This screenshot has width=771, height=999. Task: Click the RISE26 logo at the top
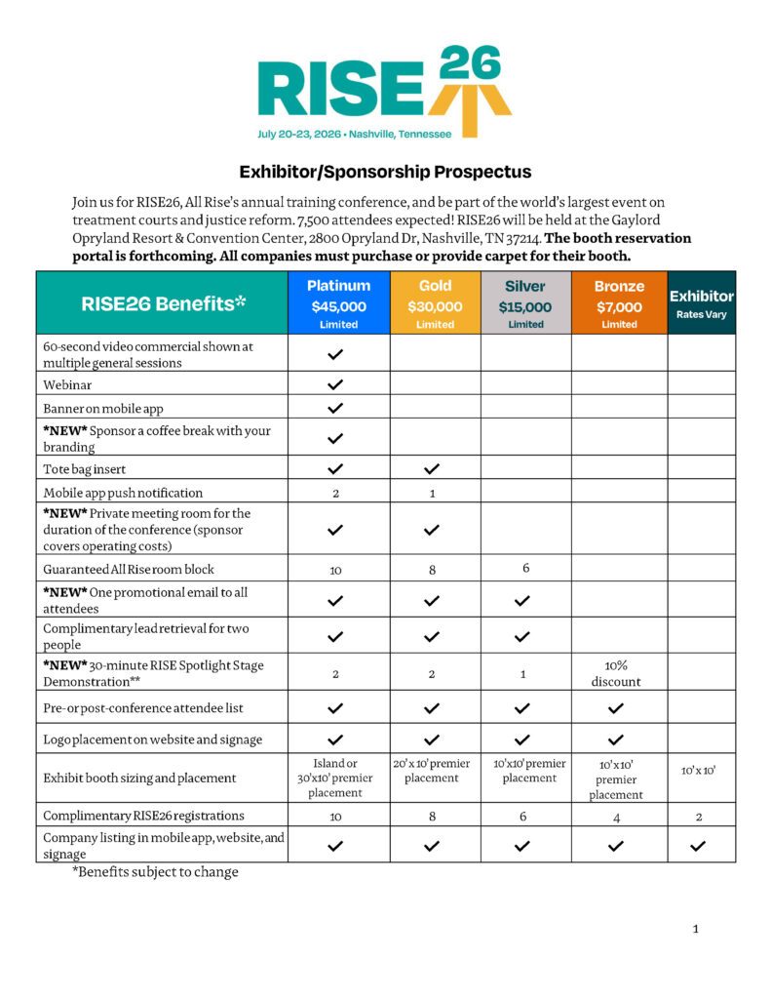click(x=385, y=91)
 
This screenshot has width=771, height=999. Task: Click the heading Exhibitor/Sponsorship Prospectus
click(x=385, y=172)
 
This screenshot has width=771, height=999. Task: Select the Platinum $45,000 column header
click(x=338, y=303)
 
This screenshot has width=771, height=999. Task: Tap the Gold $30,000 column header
click(x=435, y=303)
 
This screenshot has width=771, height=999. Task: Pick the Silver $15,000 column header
click(x=525, y=303)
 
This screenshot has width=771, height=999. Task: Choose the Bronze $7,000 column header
click(x=619, y=303)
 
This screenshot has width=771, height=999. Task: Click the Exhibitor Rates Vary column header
click(x=701, y=303)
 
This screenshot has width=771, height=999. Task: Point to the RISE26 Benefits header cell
click(x=162, y=303)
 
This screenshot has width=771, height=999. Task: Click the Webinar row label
click(x=67, y=383)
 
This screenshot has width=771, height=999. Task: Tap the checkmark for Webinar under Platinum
click(x=336, y=383)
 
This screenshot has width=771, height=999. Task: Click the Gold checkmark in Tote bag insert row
click(x=433, y=468)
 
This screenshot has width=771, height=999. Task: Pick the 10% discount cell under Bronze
click(x=616, y=672)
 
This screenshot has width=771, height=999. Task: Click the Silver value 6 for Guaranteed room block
click(x=525, y=568)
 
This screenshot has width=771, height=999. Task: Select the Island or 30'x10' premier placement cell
click(x=335, y=778)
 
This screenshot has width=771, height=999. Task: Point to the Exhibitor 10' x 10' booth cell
click(x=700, y=771)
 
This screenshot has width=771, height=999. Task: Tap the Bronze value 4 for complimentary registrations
click(x=617, y=817)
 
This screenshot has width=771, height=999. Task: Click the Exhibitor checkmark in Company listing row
click(x=697, y=846)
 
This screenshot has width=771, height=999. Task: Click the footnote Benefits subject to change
click(x=155, y=872)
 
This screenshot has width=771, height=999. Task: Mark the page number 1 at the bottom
click(x=695, y=929)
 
